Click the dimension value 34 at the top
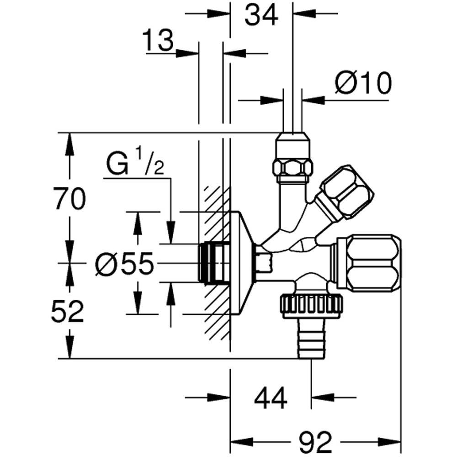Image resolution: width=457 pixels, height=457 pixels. (261, 16)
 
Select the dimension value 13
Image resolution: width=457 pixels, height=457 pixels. (159, 41)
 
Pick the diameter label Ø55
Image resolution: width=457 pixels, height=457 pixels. (125, 264)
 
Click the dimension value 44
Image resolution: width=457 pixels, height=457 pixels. (271, 398)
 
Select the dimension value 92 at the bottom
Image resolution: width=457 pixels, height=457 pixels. (316, 442)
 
